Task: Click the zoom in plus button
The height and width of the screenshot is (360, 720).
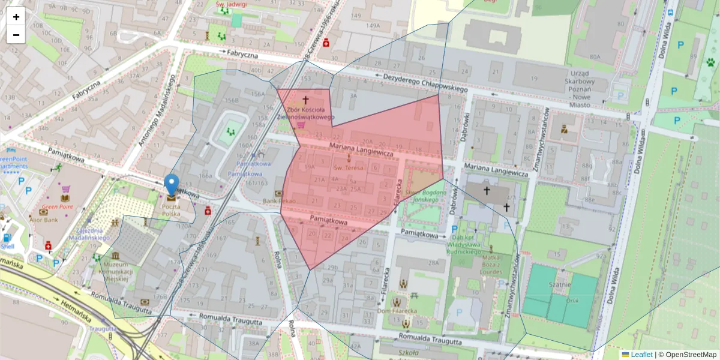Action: click(x=16, y=17)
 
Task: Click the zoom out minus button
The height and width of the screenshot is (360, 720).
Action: click(x=16, y=35)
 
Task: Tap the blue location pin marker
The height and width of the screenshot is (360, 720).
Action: click(x=172, y=185)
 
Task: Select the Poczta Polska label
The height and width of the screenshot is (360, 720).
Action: click(x=171, y=211)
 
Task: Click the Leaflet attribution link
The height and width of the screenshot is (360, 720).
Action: click(x=641, y=355)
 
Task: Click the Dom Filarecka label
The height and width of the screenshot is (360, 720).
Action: click(x=397, y=311)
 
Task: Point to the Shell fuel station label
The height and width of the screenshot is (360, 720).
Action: click(x=7, y=246)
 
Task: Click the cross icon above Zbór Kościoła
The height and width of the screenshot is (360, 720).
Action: click(x=305, y=100)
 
